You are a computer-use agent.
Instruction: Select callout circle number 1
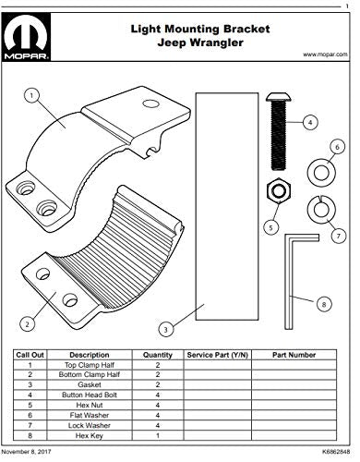[x=30, y=94]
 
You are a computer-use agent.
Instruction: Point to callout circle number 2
[x=29, y=323]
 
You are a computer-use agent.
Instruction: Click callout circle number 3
[x=163, y=328]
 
